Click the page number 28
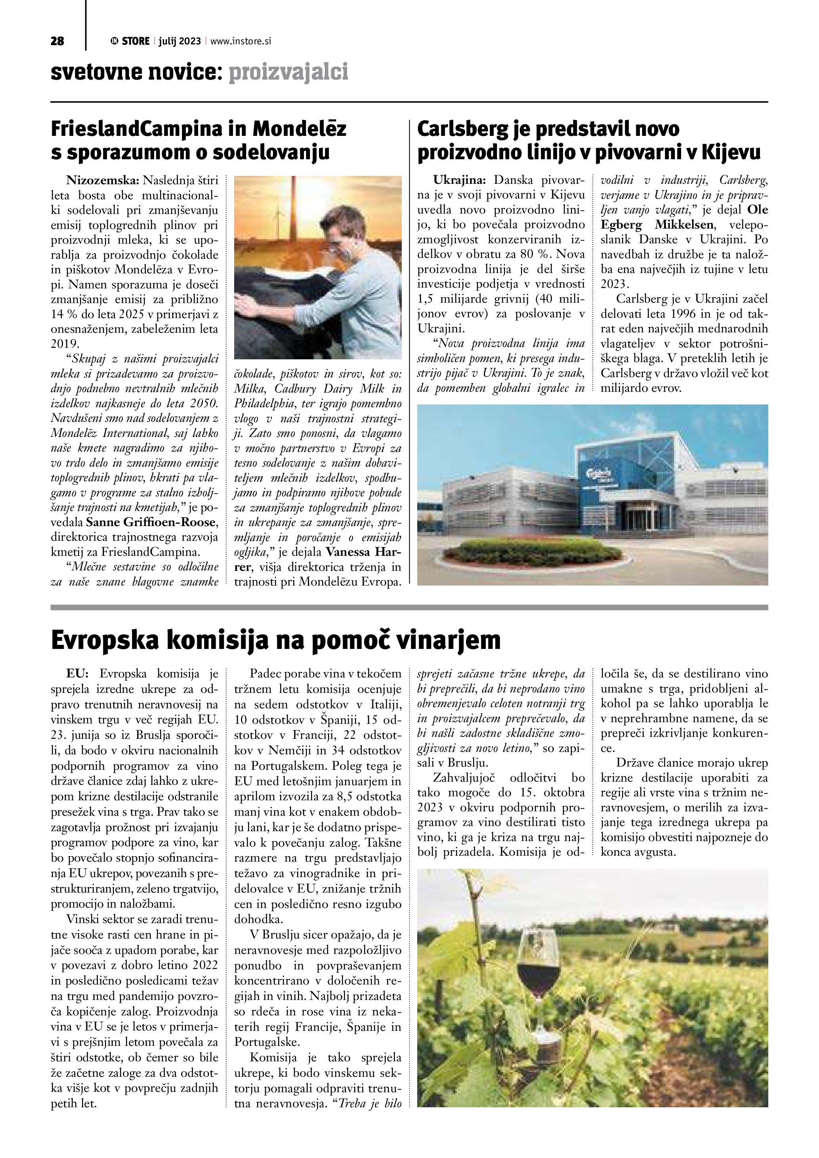[57, 41]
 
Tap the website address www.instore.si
[241, 41]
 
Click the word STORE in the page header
[136, 41]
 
